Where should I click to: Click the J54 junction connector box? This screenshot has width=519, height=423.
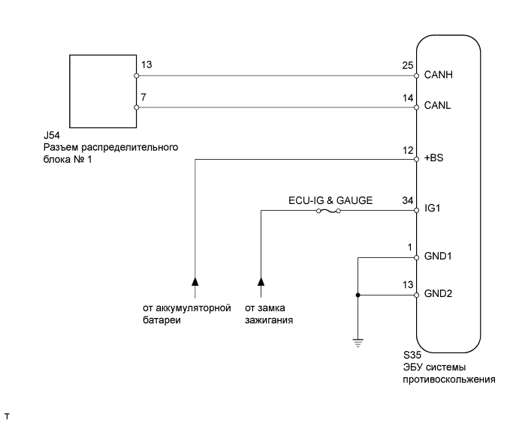coord(101,91)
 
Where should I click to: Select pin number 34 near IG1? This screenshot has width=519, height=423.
coord(407,202)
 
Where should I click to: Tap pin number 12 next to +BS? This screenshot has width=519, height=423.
coord(407,151)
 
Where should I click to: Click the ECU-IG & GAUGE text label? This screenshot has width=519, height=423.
coord(330,200)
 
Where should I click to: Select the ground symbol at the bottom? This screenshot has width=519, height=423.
coord(358,343)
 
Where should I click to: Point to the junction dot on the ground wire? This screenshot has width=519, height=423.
coord(358,295)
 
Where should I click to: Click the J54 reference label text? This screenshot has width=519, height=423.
coord(53,136)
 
